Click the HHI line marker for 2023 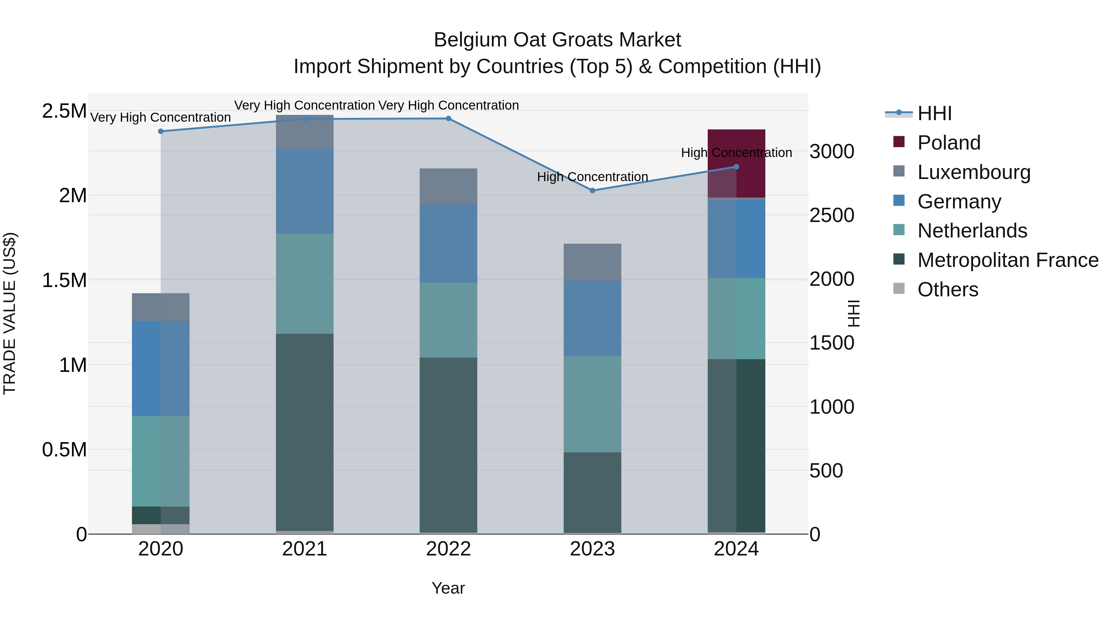(592, 190)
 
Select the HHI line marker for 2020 (160, 131)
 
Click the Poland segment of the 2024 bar (736, 163)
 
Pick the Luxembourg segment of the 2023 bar (592, 262)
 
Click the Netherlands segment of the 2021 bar (304, 284)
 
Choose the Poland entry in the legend (948, 143)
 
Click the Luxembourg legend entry (973, 172)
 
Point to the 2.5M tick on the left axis (64, 111)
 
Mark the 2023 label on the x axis (592, 549)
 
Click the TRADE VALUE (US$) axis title (10, 313)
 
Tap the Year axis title (448, 588)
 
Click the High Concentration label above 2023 (592, 177)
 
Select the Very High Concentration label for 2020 (160, 117)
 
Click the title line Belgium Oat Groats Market (557, 40)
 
